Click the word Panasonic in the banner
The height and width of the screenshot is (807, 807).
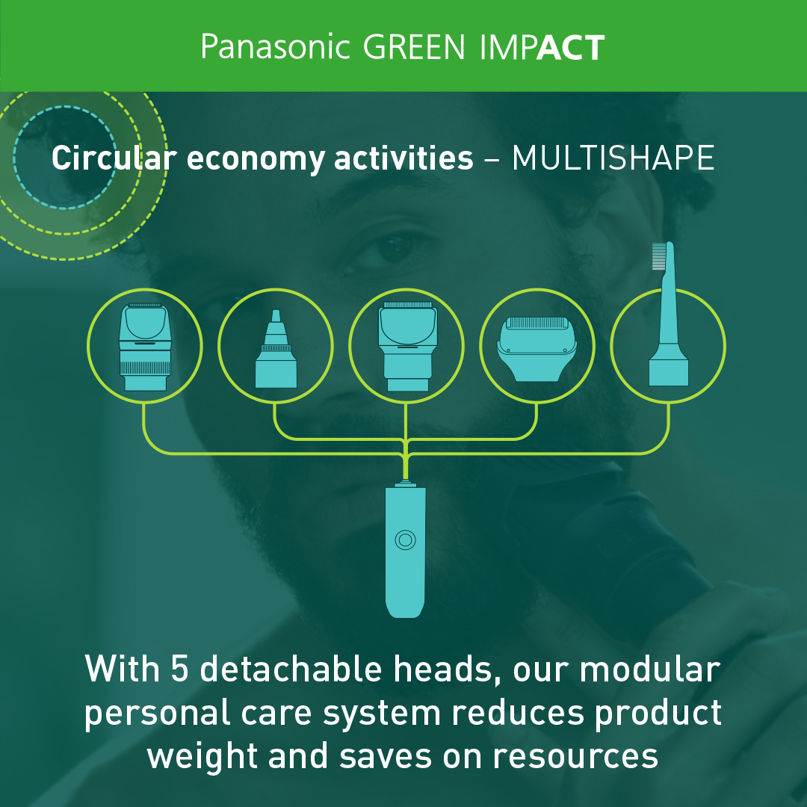point(275,47)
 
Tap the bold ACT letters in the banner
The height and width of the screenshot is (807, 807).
point(571,47)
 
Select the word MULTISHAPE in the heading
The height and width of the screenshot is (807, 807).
point(613,158)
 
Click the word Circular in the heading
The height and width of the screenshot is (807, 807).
point(114,158)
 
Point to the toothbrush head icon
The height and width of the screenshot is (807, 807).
point(667,313)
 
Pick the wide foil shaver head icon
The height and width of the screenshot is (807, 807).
point(537,348)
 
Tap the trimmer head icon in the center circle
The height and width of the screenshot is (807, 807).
point(407,346)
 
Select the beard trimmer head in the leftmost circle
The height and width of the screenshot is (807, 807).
point(145,347)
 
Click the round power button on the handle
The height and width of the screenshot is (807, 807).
point(405,539)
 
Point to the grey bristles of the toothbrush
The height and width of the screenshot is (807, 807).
point(659,256)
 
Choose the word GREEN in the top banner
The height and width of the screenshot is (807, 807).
point(414,47)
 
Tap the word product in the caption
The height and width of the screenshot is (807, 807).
point(658,714)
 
